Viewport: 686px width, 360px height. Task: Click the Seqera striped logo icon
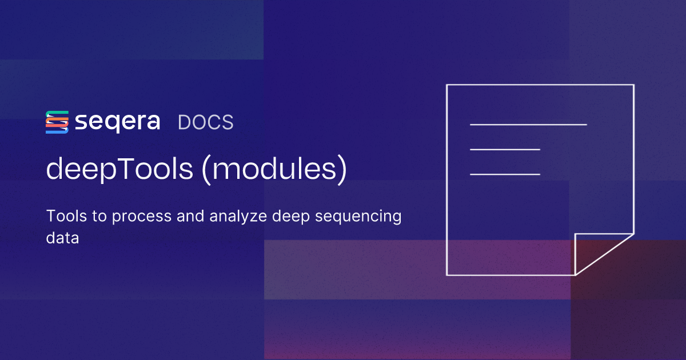(x=57, y=122)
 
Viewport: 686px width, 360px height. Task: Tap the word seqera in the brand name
(x=117, y=122)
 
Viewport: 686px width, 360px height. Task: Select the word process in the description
(x=131, y=218)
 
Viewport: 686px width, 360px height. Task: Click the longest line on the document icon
(x=528, y=124)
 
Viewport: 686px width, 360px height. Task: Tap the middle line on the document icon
(x=505, y=149)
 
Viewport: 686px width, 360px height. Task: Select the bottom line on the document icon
(x=505, y=174)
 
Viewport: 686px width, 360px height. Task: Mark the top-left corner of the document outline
(x=447, y=85)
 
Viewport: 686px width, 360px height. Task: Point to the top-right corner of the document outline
(x=633, y=85)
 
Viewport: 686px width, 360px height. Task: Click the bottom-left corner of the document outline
(x=447, y=275)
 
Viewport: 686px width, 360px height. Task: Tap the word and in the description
(x=195, y=217)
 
